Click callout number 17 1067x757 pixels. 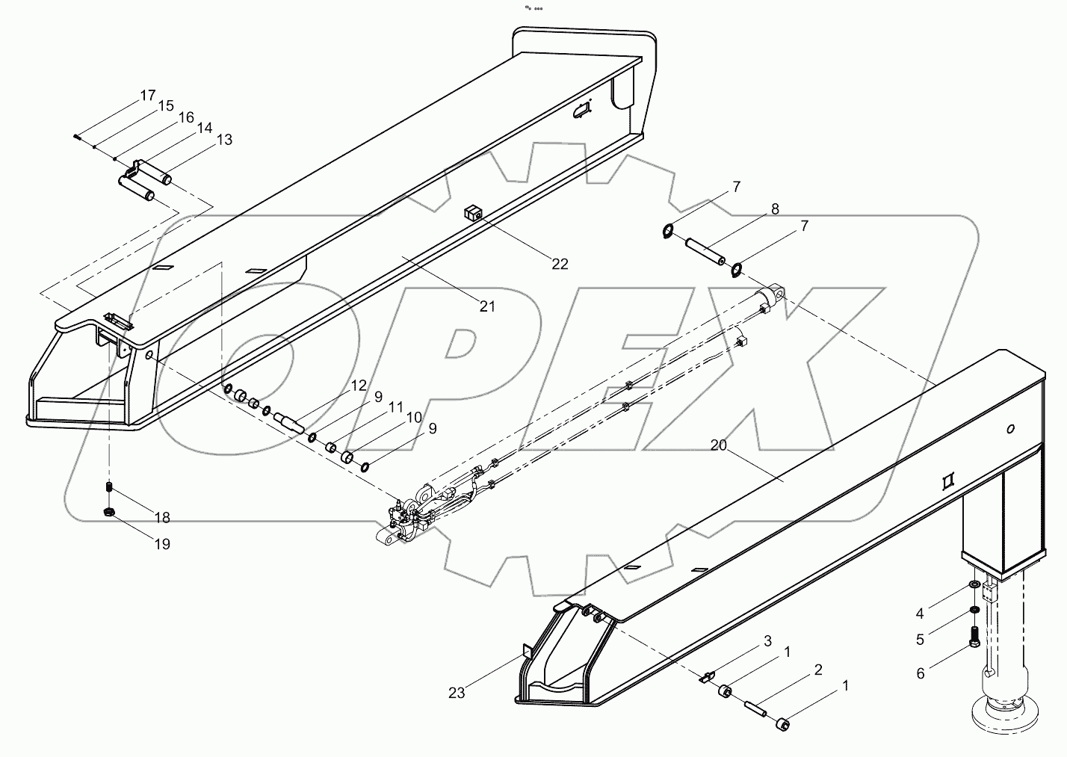coord(147,95)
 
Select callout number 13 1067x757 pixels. coord(223,140)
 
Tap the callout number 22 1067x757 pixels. coord(560,264)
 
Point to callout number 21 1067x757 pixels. coord(487,306)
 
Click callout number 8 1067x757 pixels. coord(775,209)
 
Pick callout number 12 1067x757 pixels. coord(359,386)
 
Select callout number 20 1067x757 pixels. coord(718,445)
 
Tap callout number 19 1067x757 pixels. coord(162,544)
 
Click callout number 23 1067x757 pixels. coord(457,693)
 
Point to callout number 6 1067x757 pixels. coord(920,673)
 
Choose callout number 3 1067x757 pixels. coord(767,641)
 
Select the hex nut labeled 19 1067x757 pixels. coord(108,512)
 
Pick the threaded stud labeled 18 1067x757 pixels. coord(108,489)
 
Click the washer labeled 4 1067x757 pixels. coord(974,584)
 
